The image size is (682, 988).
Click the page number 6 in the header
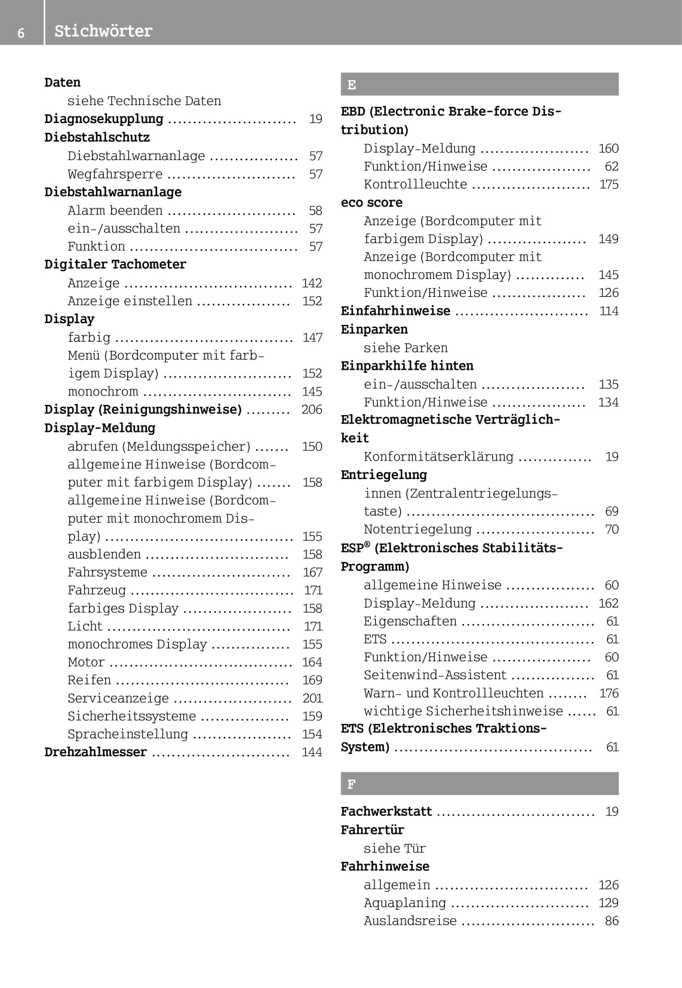pos(21,32)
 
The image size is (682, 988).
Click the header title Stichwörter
pos(103,31)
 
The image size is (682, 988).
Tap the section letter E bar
pos(479,84)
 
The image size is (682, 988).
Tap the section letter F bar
pos(479,784)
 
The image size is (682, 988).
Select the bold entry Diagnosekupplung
pos(104,119)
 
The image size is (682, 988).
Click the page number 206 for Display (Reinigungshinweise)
pos(312,410)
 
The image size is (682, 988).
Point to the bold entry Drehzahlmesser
pos(96,752)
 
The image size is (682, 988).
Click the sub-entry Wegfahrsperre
pos(115,174)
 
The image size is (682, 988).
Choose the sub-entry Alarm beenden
pos(115,211)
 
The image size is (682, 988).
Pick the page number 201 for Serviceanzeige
pos(312,698)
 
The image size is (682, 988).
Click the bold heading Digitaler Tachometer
pos(115,265)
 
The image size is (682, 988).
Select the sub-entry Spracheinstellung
pos(128,734)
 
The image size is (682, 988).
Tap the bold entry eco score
pos(371,202)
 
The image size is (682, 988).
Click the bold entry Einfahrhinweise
pos(395,311)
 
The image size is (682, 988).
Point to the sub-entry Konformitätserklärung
pos(438,457)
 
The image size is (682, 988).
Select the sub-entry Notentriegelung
pos(417,530)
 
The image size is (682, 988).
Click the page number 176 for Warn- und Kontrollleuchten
pos(609,694)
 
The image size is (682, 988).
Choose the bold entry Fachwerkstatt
pos(386,812)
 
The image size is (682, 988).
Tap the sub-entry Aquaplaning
pos(405,903)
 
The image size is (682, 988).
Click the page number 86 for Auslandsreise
pos(612,921)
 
